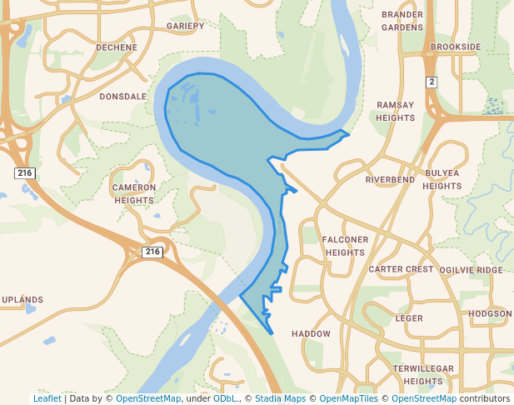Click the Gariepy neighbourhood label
pos(185,26)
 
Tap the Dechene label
pos(116,47)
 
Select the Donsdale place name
pos(122,97)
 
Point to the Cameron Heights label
pos(134,193)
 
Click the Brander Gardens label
pos(402,21)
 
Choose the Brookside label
pos(456,47)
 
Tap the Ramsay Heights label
pos(395,111)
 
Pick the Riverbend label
pos(390,179)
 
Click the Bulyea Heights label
pos(442,179)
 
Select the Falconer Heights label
pos(345,246)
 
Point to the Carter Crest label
pos(401,269)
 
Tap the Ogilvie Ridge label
pos(471,270)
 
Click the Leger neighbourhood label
pos(409,318)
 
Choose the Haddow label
pos(311,333)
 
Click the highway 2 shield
pos(431,82)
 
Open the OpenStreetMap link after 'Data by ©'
pos(148,398)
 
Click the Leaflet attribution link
pos(47,398)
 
